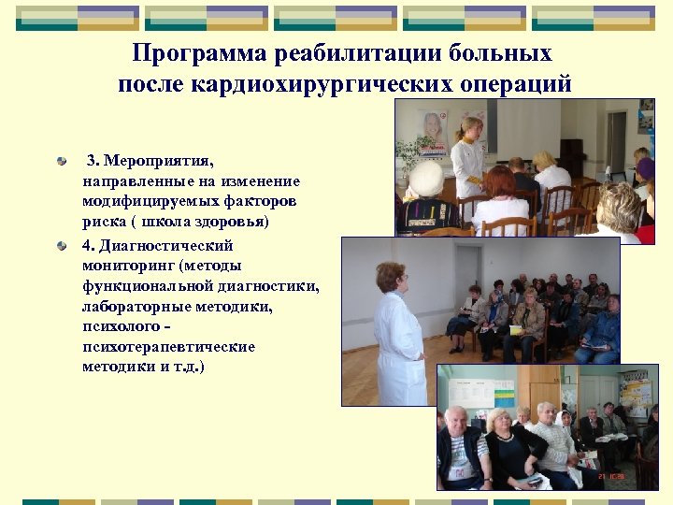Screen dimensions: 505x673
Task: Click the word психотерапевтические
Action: [168, 346]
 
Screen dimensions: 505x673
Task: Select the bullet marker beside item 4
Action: [62, 246]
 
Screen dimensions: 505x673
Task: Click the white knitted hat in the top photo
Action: [427, 177]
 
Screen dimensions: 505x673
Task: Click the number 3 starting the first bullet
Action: [91, 160]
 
